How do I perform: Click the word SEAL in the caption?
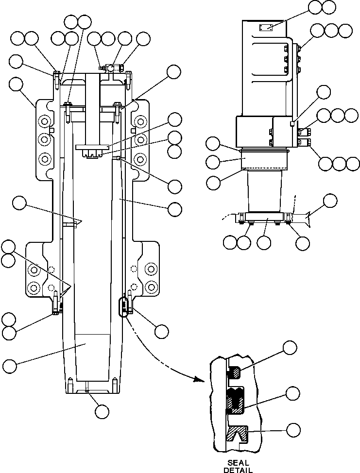238,463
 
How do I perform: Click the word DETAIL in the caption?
238,470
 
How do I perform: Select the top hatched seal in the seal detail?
235,372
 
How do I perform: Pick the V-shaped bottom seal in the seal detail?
239,434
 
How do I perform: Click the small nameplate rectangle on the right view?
266,28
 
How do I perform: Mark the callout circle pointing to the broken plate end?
330,200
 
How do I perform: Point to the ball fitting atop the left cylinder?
111,68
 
